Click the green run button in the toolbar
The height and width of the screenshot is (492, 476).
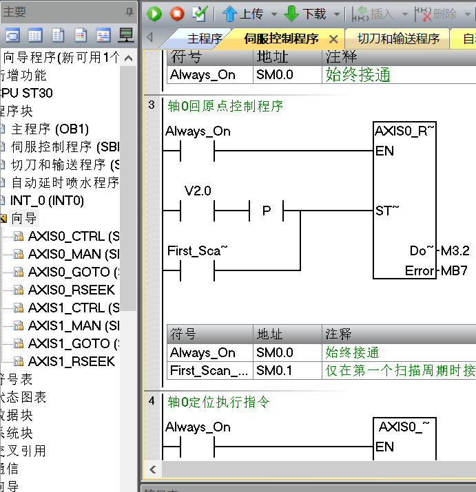click(x=154, y=13)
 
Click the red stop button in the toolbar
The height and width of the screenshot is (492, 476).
click(x=176, y=13)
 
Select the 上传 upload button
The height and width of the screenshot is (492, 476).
click(x=242, y=14)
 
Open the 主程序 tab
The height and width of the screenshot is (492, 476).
click(x=205, y=39)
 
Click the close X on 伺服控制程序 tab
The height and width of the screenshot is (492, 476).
click(x=333, y=39)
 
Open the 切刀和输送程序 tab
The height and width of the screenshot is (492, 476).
click(x=399, y=39)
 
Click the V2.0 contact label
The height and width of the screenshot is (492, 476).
click(x=198, y=191)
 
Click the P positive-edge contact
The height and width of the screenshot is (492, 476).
click(x=267, y=211)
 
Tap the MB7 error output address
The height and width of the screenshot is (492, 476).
click(x=454, y=270)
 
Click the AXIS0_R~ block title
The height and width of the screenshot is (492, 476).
click(x=404, y=131)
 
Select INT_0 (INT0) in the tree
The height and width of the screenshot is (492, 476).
click(x=47, y=200)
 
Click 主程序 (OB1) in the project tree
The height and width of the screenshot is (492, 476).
click(x=50, y=129)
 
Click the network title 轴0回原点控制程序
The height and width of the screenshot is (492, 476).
click(x=225, y=106)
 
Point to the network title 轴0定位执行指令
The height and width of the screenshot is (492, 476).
click(x=218, y=401)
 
